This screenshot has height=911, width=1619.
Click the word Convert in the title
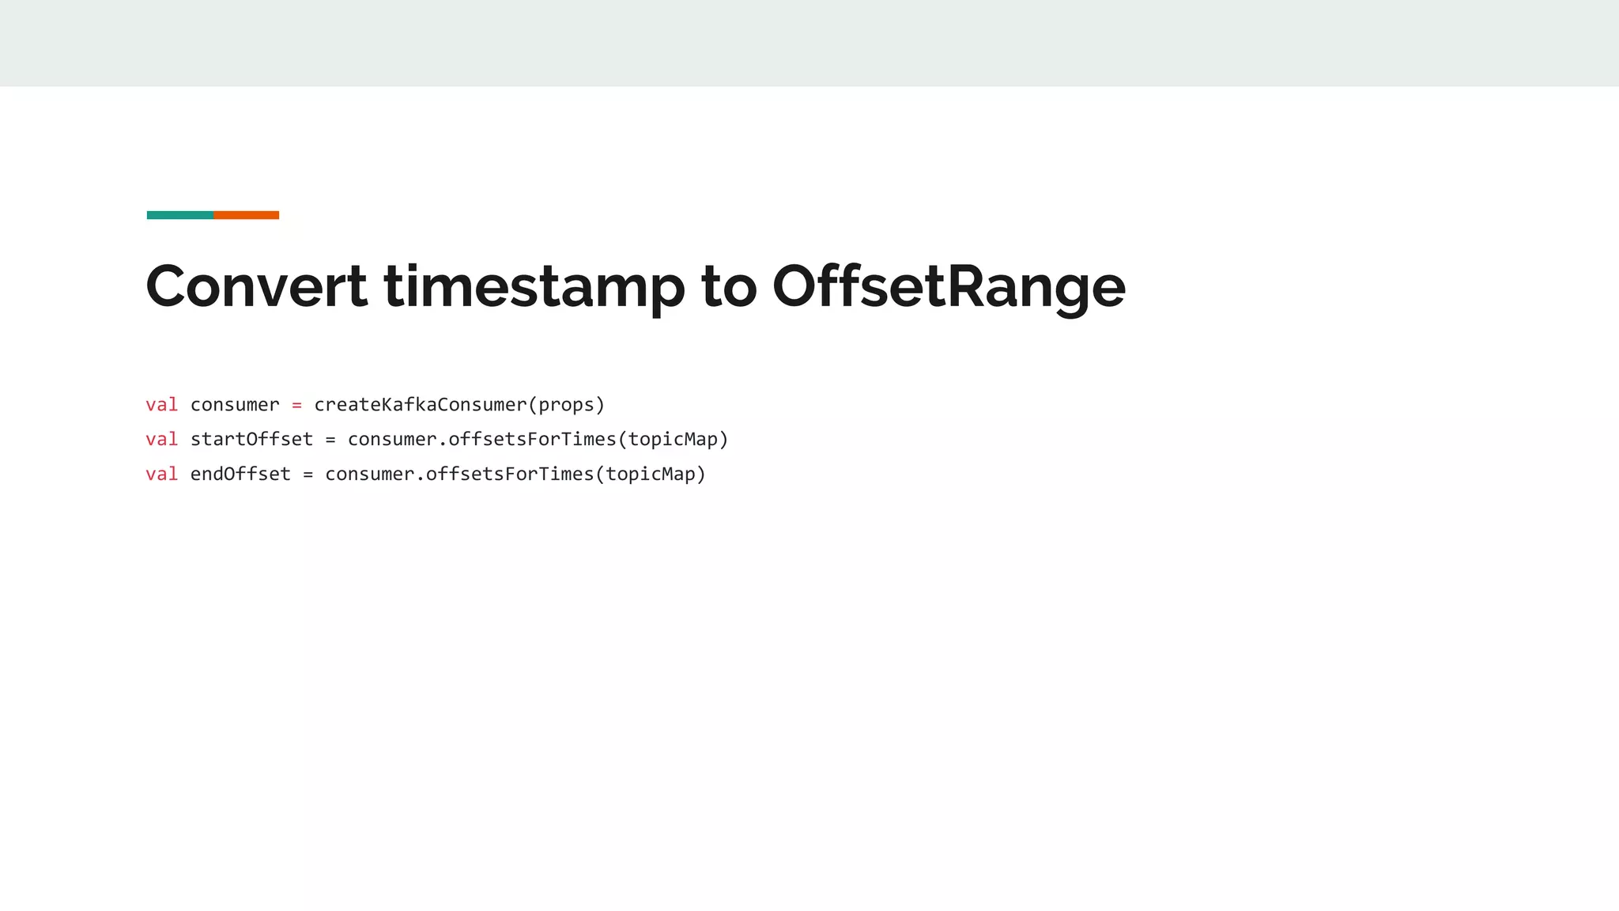click(256, 286)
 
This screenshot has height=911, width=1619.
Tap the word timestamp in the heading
click(534, 286)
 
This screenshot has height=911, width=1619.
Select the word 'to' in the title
click(728, 286)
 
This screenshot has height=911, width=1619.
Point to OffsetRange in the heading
click(949, 286)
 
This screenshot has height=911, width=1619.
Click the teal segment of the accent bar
click(180, 215)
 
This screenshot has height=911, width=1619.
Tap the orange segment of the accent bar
click(246, 215)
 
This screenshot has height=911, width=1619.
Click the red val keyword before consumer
click(162, 405)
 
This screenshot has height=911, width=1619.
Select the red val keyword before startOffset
click(162, 439)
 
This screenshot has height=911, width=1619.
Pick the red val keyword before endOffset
click(162, 474)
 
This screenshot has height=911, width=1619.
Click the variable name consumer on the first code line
click(235, 405)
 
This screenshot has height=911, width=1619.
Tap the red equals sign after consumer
click(296, 405)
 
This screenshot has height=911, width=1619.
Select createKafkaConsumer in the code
click(420, 405)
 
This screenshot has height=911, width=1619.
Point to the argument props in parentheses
click(566, 405)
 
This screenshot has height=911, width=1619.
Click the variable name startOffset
click(251, 439)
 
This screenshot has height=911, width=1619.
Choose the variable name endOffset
click(240, 474)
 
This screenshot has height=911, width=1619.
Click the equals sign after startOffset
click(330, 440)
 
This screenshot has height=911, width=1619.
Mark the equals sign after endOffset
click(308, 474)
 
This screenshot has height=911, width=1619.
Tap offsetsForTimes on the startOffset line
click(532, 439)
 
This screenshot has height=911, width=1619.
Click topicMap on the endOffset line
click(651, 474)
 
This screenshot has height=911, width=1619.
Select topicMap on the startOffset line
click(673, 439)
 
